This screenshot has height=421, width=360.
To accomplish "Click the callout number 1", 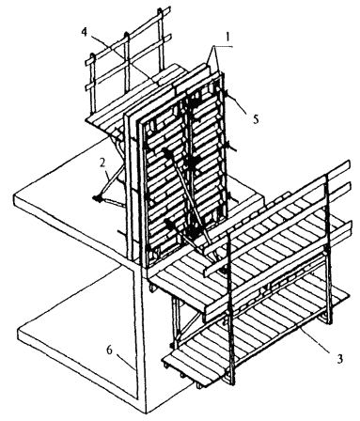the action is [227, 38].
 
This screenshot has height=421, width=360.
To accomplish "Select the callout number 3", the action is [339, 358].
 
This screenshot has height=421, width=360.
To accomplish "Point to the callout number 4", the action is [85, 32].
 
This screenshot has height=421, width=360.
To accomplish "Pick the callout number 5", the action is [256, 118].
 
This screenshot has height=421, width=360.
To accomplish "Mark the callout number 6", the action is [109, 350].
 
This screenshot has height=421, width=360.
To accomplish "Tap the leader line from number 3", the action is [315, 339].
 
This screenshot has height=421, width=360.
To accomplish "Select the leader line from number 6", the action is [127, 362].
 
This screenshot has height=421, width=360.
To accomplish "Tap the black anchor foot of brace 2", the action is [98, 198].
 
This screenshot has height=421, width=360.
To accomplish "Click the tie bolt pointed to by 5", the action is [225, 92].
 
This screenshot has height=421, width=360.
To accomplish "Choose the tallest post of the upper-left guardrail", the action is [162, 38].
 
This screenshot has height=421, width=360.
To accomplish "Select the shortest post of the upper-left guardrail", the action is [92, 85].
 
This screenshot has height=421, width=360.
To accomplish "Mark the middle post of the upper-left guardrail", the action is [127, 63].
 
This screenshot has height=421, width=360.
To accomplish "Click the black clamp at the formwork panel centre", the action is [191, 163].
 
